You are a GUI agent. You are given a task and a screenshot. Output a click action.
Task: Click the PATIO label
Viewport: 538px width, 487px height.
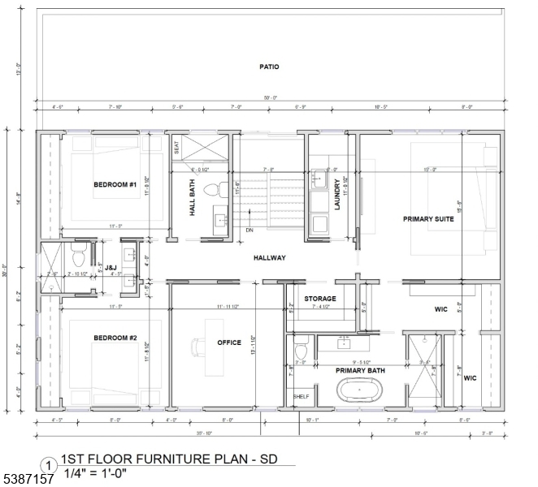[x=269, y=67]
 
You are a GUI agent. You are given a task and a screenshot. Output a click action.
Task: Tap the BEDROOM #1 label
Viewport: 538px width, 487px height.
[x=115, y=185]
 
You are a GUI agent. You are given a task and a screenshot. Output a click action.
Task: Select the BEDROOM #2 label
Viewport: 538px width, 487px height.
[x=115, y=338]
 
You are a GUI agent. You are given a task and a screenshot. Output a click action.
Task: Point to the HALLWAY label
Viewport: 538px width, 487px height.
[x=269, y=258]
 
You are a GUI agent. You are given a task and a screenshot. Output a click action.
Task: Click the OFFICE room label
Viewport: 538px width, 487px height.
[x=229, y=343]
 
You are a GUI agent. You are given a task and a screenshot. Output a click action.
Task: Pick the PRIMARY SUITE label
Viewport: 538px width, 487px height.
[x=429, y=219]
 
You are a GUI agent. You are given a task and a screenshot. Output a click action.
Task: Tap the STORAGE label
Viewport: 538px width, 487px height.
[x=320, y=299]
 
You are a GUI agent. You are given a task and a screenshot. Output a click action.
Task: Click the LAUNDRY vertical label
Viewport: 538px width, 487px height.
[x=337, y=196]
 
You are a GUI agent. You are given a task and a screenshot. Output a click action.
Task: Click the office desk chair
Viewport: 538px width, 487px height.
[x=197, y=347]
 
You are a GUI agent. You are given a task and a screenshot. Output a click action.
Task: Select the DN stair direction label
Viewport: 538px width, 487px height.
[x=250, y=230]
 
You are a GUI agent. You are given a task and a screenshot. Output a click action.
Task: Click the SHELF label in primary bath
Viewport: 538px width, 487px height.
[x=301, y=396]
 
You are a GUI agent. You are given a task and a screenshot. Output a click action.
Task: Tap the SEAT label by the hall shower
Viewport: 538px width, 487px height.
[x=176, y=149]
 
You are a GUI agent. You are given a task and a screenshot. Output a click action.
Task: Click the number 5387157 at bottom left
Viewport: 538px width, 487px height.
[x=28, y=480]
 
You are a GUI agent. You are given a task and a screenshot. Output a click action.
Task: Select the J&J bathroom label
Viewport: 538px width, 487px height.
[x=43, y=267]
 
